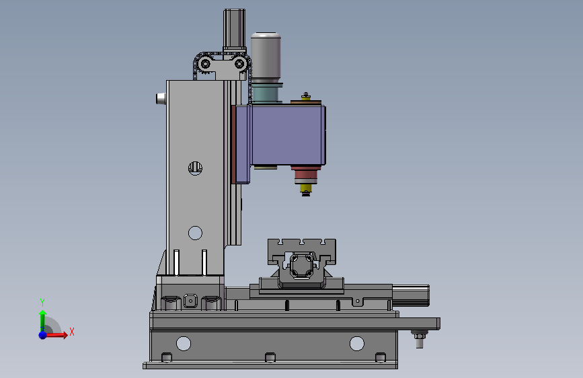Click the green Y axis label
point(42,303)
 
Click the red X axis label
point(72,332)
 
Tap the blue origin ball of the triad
point(43,335)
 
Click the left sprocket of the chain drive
point(205,64)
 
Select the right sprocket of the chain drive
point(240,64)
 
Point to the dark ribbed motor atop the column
point(234,30)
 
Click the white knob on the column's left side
point(161,99)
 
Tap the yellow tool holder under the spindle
point(306,188)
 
